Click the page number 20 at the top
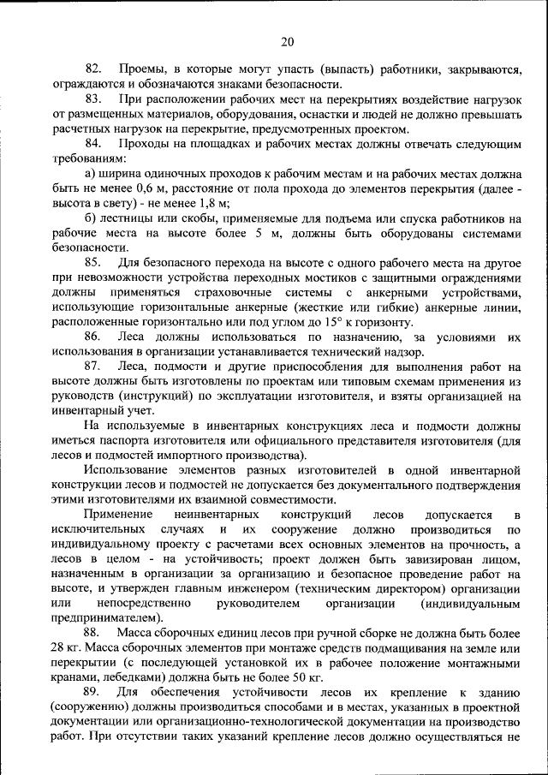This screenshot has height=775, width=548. [287, 41]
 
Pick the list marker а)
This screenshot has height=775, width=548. [92, 175]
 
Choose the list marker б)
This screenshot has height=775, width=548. [92, 218]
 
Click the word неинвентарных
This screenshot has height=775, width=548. [216, 515]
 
